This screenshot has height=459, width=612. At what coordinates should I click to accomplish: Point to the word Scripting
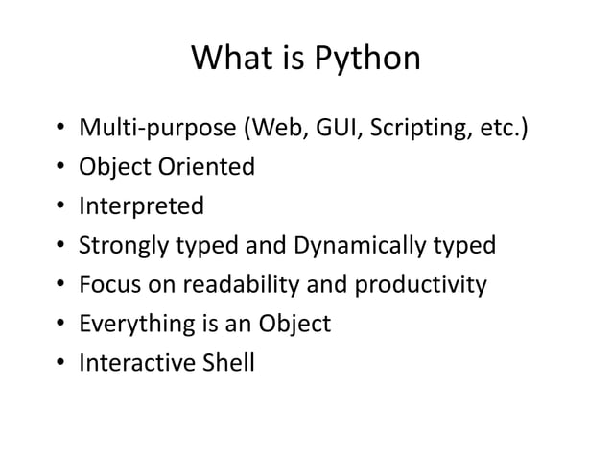pyautogui.click(x=413, y=128)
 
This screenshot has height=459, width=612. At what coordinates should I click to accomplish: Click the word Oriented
pyautogui.click(x=212, y=167)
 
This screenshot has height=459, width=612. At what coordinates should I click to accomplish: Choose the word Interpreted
pyautogui.click(x=141, y=206)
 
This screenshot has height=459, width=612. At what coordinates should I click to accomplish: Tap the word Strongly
pyautogui.click(x=124, y=246)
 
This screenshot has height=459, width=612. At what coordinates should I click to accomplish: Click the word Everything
pyautogui.click(x=138, y=325)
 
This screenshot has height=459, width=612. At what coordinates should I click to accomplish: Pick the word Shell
pyautogui.click(x=227, y=363)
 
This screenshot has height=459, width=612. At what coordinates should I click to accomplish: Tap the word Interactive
pyautogui.click(x=136, y=363)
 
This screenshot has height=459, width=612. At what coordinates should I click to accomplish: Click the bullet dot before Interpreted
pyautogui.click(x=59, y=207)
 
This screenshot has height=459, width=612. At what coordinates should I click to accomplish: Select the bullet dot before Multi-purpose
pyautogui.click(x=59, y=129)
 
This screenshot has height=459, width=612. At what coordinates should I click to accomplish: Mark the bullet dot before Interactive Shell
pyautogui.click(x=59, y=364)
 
